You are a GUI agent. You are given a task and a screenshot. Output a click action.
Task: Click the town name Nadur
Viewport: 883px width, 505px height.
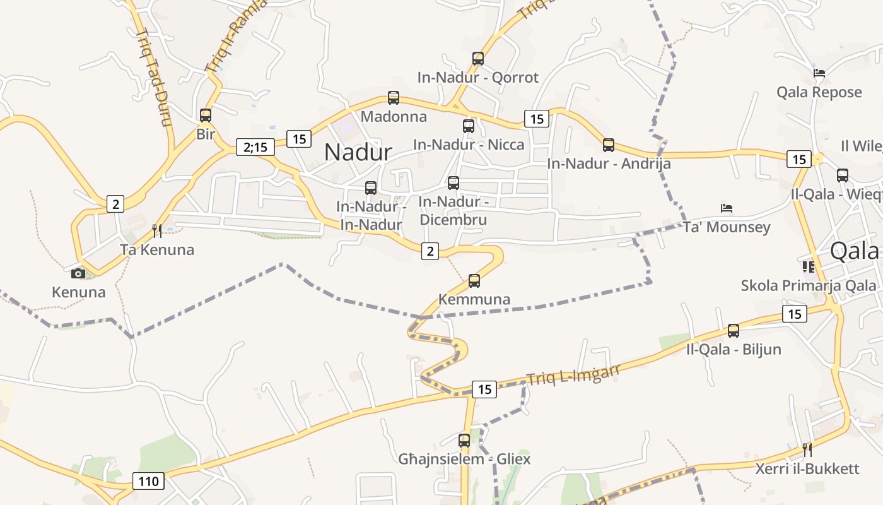358,152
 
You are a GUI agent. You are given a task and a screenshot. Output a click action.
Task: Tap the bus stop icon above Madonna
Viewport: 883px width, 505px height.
394,98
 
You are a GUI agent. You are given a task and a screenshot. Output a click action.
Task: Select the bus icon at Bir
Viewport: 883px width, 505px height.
206,116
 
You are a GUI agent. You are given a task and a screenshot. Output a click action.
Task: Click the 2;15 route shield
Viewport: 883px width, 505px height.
255,147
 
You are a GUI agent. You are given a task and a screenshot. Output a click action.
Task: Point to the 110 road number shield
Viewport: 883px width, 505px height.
148,482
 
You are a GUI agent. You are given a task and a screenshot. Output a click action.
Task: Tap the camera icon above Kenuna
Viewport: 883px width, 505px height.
78,273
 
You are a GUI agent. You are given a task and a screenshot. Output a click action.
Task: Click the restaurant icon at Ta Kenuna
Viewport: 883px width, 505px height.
157,231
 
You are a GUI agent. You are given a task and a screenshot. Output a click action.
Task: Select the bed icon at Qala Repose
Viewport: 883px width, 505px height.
819,73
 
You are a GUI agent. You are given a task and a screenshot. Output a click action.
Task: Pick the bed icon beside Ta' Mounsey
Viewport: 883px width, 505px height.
727,208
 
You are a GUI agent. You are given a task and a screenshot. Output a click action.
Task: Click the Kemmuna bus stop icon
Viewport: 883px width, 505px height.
474,281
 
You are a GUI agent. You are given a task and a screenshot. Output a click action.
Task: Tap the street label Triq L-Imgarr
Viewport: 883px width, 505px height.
573,374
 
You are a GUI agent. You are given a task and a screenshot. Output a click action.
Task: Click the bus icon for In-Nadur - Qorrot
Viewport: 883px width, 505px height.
478,59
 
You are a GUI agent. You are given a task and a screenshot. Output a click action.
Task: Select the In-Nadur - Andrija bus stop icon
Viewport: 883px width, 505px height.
609,145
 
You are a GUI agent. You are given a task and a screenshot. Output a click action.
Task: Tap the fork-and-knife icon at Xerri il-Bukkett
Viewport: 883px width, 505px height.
807,450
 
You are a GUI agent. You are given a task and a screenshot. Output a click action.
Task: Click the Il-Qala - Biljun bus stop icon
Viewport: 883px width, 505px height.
734,330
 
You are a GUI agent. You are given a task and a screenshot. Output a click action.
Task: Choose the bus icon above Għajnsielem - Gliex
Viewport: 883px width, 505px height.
464,440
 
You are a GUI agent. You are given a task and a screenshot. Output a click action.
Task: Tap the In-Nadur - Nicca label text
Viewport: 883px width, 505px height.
469,145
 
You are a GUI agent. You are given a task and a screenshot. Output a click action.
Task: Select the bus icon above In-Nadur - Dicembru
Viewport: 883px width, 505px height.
453,183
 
